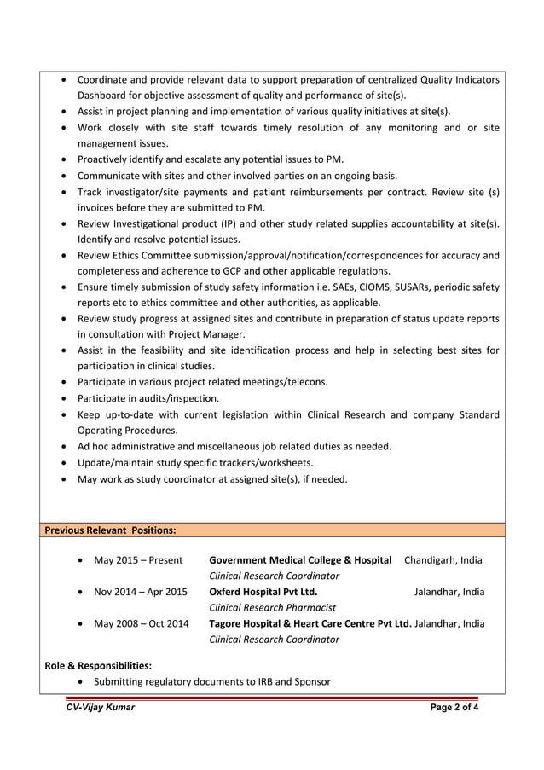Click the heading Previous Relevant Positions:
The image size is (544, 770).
[x=110, y=530]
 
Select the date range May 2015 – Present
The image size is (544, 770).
[x=138, y=560]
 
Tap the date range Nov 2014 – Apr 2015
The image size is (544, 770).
[x=140, y=592]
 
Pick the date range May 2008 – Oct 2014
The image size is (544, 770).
[x=141, y=623]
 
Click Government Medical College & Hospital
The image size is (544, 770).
[x=300, y=560]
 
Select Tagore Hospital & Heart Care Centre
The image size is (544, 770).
[x=309, y=623]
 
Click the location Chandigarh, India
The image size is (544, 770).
[x=443, y=560]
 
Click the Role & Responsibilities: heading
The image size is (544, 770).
[x=98, y=665]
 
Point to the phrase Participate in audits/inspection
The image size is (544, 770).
[x=148, y=398]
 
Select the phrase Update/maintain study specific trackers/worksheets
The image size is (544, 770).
[x=195, y=462]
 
